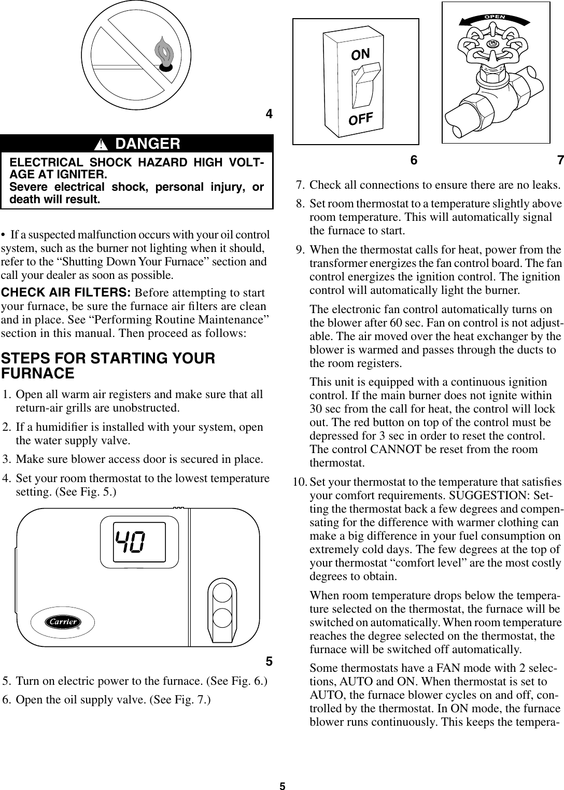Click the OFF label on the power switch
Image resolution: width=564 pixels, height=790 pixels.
pos(361,119)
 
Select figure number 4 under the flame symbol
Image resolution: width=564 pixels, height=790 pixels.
pos(269,114)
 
